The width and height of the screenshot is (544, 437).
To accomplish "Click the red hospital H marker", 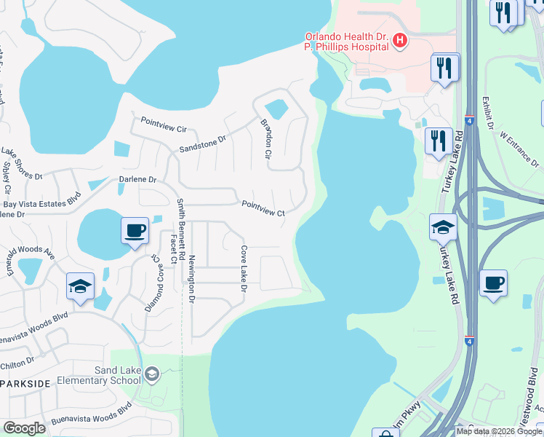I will coord(399,42).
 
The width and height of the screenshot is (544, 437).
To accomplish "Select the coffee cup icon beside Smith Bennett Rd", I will coord(135,232).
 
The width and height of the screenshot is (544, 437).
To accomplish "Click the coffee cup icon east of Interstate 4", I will coord(493,283).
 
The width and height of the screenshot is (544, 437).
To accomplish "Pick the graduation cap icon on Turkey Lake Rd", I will coord(443,228).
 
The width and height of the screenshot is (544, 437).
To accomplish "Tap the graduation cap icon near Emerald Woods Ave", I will coord(80,286).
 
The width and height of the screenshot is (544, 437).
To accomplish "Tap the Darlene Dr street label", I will coord(138,179).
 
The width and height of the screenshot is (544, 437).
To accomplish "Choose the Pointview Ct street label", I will coord(263,208).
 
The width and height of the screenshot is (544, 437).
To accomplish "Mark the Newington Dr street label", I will coord(192,278).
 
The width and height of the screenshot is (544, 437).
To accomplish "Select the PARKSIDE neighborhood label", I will coord(25,384).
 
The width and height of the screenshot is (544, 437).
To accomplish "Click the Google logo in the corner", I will coord(24,428).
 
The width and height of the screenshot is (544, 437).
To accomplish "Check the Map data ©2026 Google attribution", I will coord(499,431).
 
